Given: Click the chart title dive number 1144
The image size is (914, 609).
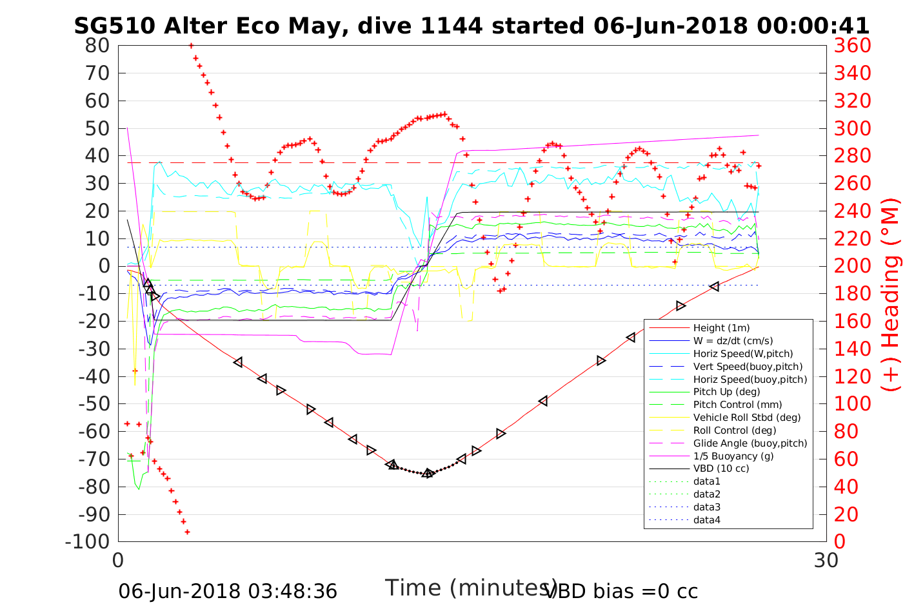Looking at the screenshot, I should point(451,26).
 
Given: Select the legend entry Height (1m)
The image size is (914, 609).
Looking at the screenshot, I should point(721,328).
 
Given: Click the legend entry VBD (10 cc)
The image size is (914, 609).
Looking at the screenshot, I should point(721,469).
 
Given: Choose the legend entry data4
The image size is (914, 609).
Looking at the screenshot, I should point(706,519).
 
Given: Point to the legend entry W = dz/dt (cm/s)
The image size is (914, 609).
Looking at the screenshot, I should point(733,341).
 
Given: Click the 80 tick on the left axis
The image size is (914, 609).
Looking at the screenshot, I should point(97,46).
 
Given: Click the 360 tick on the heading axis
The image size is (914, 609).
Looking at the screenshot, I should point(852,46).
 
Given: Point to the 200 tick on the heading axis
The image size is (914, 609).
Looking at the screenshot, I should point(852,266).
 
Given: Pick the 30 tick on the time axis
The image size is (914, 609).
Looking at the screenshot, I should point(826,561).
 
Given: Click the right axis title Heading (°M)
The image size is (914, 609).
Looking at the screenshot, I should point(890,293).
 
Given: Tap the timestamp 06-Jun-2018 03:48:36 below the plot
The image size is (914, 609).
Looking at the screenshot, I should point(228,591).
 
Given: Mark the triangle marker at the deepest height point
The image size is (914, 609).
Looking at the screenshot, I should point(428,473).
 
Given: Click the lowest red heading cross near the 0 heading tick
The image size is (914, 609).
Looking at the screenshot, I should point(187,532).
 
